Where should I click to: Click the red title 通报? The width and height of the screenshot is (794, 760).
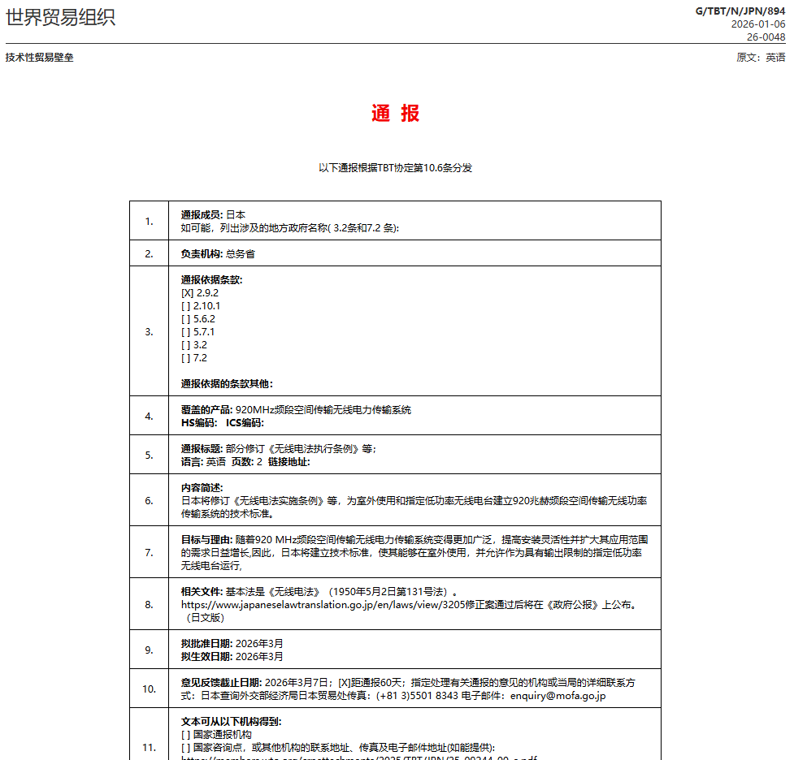click(396, 114)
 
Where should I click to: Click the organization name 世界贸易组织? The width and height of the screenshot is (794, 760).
click(61, 17)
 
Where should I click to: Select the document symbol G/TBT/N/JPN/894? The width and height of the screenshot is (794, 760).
click(740, 11)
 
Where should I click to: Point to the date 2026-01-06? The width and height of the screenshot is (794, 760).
click(758, 24)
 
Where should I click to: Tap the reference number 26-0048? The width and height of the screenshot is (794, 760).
click(766, 37)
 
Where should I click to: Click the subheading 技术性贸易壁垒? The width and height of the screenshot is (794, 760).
click(40, 58)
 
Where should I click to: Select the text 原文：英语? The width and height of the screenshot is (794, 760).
click(761, 58)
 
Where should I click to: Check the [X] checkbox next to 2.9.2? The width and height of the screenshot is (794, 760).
click(187, 293)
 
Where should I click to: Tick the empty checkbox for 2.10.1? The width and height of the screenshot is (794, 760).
click(187, 306)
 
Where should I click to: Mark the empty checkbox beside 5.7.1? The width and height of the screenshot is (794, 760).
click(187, 332)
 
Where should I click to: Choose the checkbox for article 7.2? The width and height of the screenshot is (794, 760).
click(187, 358)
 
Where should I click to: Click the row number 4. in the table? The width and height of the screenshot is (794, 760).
click(149, 416)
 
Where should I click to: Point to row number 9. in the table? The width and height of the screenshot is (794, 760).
click(149, 650)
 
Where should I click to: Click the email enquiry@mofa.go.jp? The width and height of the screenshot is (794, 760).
click(558, 696)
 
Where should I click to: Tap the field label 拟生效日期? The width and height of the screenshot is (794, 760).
click(206, 657)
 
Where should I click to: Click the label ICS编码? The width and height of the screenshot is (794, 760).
click(245, 423)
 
